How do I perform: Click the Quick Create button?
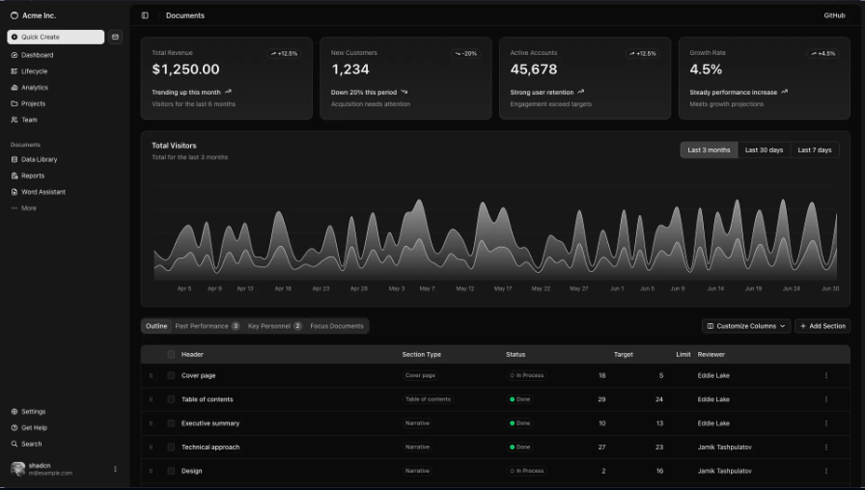pos(55,37)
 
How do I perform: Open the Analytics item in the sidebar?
pos(35,88)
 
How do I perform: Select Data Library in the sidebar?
pos(39,159)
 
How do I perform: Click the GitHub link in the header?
pos(834,15)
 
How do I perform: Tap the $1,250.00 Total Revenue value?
pos(185,69)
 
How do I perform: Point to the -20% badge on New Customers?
pos(465,54)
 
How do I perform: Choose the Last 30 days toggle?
pos(764,150)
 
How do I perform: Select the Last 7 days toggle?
pos(814,150)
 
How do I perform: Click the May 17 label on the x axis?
pos(502,288)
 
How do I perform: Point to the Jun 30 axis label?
pos(829,288)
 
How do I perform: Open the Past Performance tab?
pos(207,326)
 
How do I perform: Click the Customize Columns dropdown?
pos(747,326)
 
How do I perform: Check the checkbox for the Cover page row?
pos(171,375)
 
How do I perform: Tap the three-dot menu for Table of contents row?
pos(825,399)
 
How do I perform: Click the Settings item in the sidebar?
pos(33,412)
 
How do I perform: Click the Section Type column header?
pos(421,354)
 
